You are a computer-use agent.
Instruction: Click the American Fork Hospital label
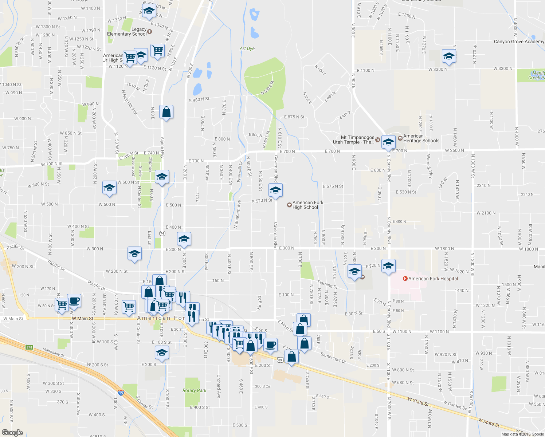pyautogui.click(x=433, y=279)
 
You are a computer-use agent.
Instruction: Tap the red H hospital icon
pyautogui.click(x=405, y=279)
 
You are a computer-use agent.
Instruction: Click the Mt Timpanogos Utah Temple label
pyautogui.click(x=354, y=140)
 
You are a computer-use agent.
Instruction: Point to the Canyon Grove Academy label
pyautogui.click(x=519, y=42)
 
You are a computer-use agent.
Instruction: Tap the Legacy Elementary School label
pyautogui.click(x=127, y=32)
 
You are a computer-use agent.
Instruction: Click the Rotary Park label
pyautogui.click(x=194, y=390)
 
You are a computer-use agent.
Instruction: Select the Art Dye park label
pyautogui.click(x=247, y=48)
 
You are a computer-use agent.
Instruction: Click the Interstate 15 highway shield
pyautogui.click(x=121, y=393)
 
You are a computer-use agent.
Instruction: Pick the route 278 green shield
pyautogui.click(x=29, y=347)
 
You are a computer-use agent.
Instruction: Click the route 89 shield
pyautogui.click(x=280, y=360)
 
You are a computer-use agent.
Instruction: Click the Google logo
pyautogui.click(x=12, y=432)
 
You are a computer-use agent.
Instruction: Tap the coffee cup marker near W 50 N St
pyautogui.click(x=74, y=301)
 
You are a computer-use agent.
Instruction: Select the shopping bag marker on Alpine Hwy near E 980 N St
pyautogui.click(x=166, y=112)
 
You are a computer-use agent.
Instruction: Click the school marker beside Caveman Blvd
pyautogui.click(x=275, y=190)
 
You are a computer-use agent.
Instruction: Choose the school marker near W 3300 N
pyautogui.click(x=449, y=56)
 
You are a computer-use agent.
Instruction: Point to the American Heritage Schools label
pyautogui.click(x=421, y=138)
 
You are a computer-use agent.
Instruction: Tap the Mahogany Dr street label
pyautogui.click(x=53, y=353)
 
